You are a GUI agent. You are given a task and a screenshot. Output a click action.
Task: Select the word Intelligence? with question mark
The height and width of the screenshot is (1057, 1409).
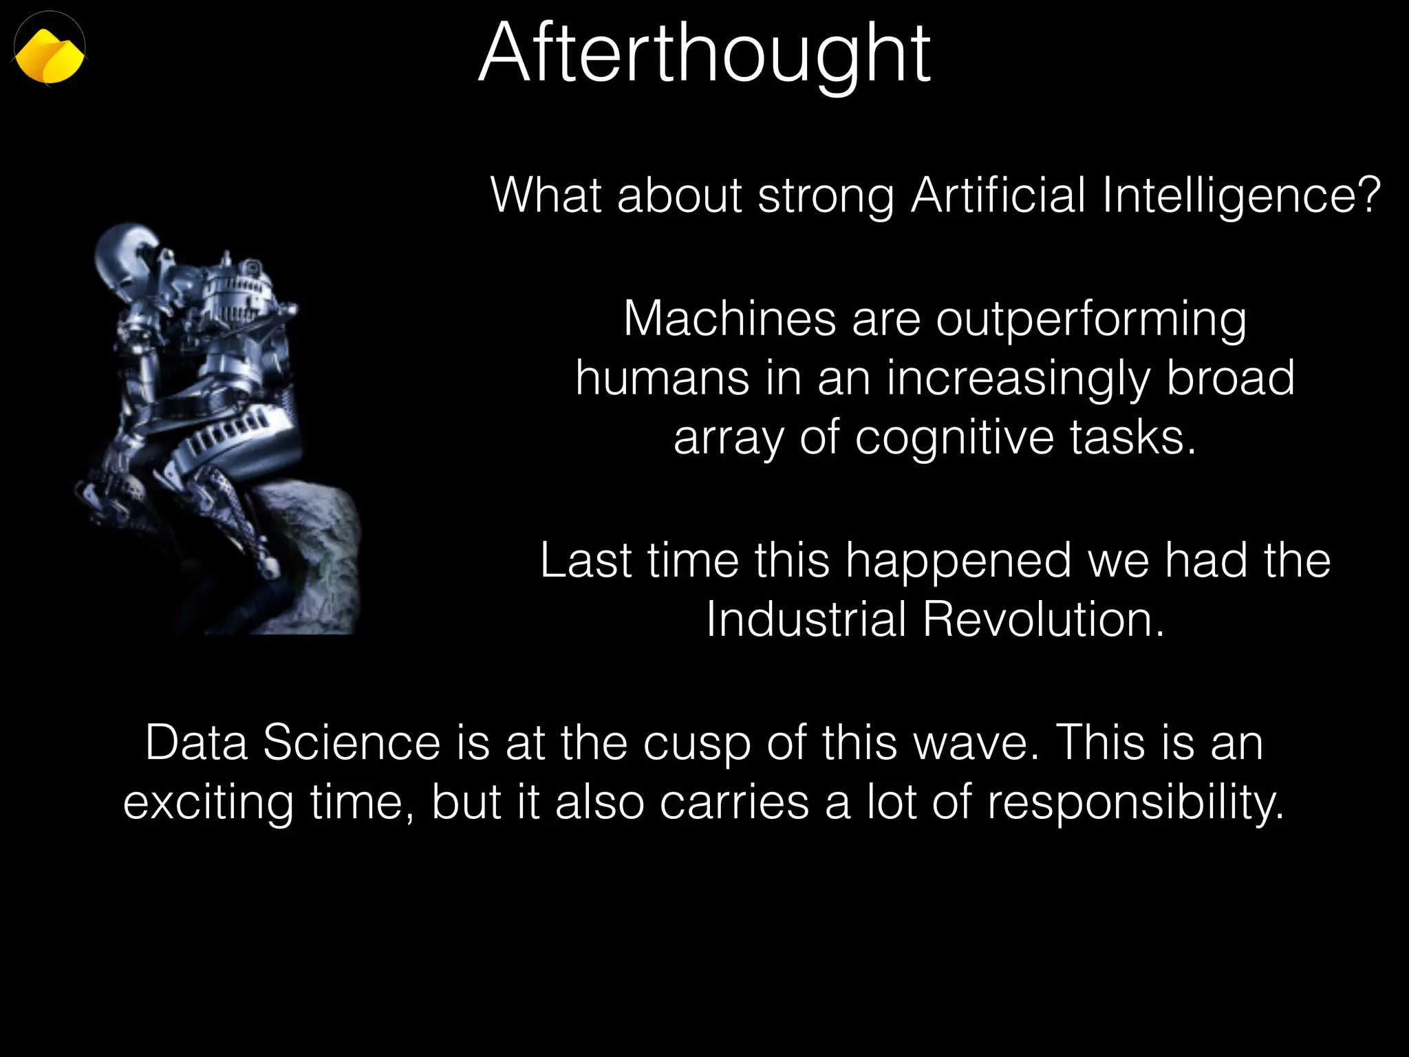[1241, 195]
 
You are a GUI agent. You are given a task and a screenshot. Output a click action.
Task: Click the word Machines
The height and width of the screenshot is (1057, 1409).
[729, 319]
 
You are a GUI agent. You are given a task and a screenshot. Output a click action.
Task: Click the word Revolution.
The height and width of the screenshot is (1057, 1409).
[1043, 619]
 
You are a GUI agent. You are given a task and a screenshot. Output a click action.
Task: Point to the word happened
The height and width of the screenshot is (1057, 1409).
[958, 562]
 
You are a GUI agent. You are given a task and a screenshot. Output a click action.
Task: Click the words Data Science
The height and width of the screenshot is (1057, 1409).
[293, 743]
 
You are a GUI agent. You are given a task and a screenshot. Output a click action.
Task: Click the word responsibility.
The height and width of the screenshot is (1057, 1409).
[1136, 804]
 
